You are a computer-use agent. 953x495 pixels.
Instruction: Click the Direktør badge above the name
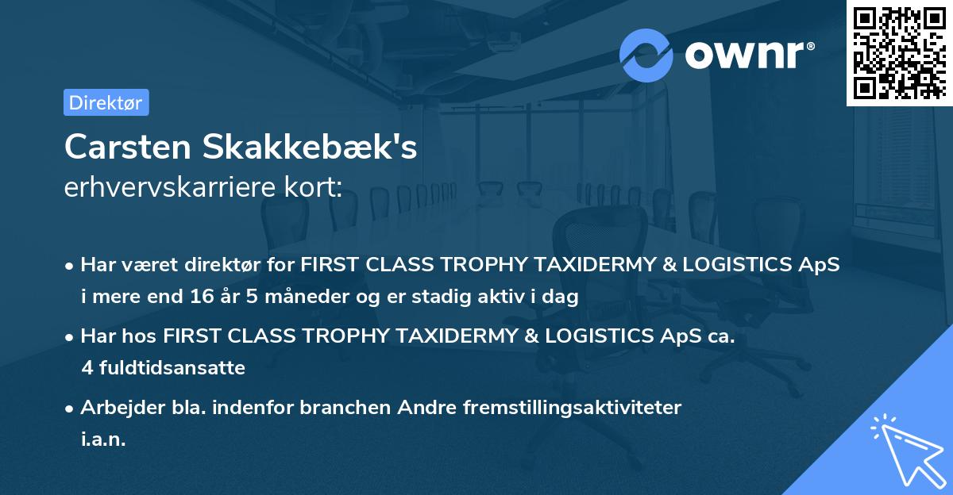pyautogui.click(x=106, y=102)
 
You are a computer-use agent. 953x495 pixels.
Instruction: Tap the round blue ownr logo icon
pyautogui.click(x=646, y=55)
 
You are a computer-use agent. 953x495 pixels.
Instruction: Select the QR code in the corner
pyautogui.click(x=898, y=52)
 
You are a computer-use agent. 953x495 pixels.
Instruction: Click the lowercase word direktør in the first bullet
pyautogui.click(x=207, y=265)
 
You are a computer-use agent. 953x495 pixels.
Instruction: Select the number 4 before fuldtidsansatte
pyautogui.click(x=87, y=368)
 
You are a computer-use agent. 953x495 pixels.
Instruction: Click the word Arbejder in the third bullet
pyautogui.click(x=115, y=408)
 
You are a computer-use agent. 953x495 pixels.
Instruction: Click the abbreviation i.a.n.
pyautogui.click(x=103, y=439)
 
